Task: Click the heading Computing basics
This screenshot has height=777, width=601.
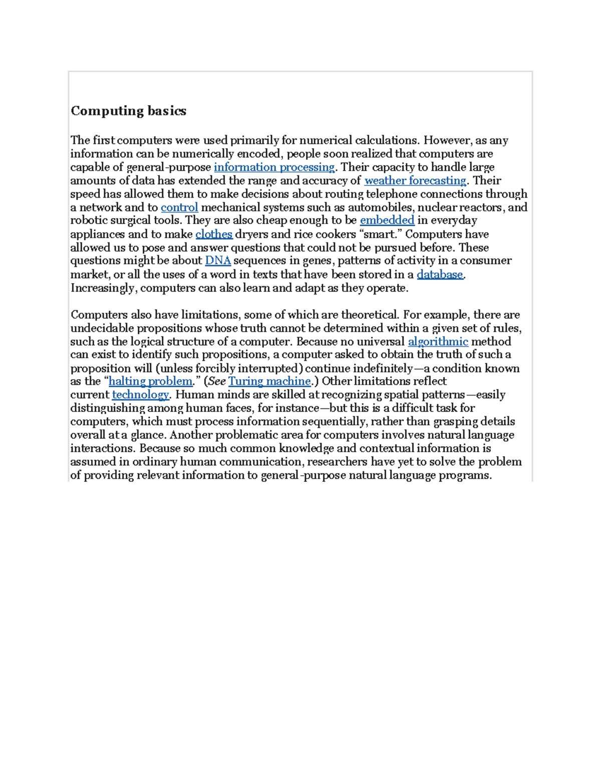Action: (x=128, y=111)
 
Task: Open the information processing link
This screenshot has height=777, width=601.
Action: (x=274, y=167)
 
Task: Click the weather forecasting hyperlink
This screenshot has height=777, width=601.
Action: (x=415, y=181)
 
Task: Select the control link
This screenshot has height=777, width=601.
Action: (x=179, y=207)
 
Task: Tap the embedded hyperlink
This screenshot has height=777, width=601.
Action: (x=387, y=220)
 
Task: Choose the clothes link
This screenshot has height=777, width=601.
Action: (x=214, y=234)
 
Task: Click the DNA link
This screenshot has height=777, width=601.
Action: (x=218, y=261)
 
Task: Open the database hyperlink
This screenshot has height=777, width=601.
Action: (x=440, y=274)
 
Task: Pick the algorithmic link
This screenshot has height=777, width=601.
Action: (x=438, y=342)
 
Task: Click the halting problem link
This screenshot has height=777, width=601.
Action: (x=150, y=381)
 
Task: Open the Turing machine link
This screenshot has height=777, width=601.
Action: (x=269, y=381)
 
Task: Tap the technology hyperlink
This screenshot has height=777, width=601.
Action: (x=140, y=395)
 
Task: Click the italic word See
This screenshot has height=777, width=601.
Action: (x=217, y=381)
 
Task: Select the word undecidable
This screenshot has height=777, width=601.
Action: (x=102, y=328)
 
